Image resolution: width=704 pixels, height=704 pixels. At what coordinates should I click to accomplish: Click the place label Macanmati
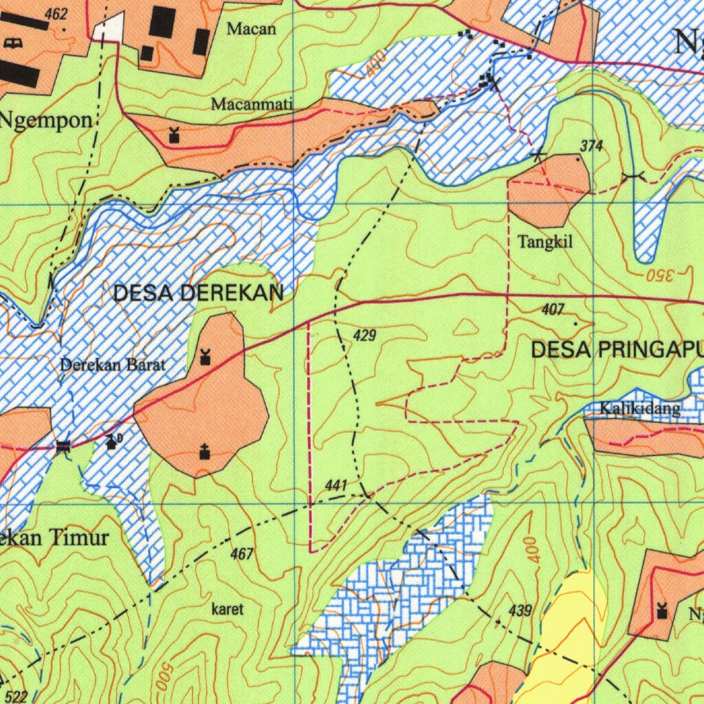click(252, 104)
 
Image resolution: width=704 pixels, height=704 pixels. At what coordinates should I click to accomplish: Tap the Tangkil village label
click(545, 242)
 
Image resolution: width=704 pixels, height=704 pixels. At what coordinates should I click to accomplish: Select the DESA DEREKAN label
click(198, 294)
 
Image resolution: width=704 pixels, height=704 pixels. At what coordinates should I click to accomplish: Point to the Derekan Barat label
click(113, 365)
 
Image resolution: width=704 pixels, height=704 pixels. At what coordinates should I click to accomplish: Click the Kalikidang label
click(639, 409)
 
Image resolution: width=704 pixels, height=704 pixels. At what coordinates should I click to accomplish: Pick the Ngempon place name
click(45, 121)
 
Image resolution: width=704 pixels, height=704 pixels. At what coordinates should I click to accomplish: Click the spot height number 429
click(365, 335)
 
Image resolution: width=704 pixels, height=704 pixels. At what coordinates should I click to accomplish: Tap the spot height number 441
click(335, 485)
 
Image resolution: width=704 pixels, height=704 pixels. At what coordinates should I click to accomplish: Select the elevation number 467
click(242, 553)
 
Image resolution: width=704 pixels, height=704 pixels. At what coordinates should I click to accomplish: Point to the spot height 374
click(591, 146)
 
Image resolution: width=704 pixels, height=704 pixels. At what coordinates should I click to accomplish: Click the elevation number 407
click(553, 310)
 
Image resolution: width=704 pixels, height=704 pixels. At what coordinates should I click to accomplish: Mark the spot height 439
click(520, 610)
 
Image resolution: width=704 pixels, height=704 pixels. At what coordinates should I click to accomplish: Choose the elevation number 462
click(56, 14)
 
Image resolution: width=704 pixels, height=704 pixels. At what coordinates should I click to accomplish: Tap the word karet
click(228, 609)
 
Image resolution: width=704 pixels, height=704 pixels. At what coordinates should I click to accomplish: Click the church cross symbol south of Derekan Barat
click(203, 452)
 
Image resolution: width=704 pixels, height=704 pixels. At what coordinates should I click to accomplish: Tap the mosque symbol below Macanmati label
click(174, 135)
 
